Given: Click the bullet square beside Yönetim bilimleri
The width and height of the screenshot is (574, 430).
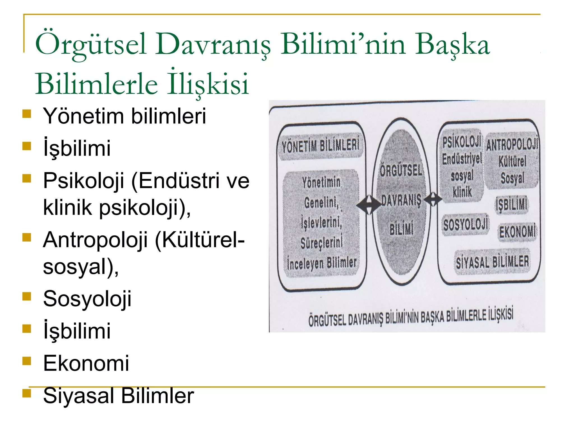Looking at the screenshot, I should [x=27, y=114].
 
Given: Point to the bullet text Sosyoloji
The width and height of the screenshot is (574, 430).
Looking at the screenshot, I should [x=87, y=299].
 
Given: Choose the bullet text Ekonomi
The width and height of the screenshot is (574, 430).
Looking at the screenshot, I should [x=86, y=363].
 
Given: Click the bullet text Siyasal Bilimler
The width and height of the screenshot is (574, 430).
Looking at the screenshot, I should [x=118, y=396].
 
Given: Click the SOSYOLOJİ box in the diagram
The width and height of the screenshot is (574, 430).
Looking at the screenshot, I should [x=466, y=225].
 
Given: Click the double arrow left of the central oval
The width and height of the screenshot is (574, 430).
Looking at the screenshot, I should [x=368, y=205].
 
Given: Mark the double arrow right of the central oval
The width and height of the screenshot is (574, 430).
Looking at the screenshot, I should [x=433, y=199].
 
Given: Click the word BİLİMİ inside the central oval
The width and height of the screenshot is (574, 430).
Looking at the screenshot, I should [x=401, y=229].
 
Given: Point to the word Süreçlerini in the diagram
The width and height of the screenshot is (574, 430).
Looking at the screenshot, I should [x=321, y=243].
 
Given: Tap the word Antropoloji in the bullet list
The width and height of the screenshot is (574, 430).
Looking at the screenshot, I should [x=95, y=240].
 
